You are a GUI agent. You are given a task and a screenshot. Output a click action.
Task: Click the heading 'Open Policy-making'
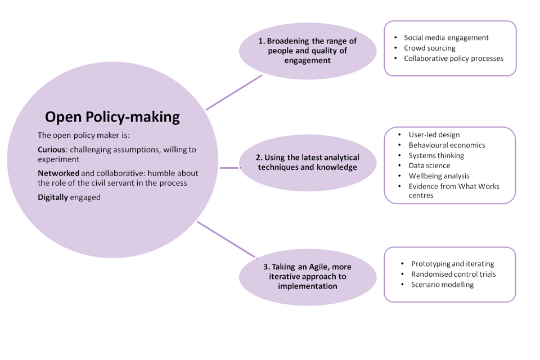pyautogui.click(x=112, y=117)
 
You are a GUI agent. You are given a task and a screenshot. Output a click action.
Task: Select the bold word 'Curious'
pyautogui.click(x=52, y=150)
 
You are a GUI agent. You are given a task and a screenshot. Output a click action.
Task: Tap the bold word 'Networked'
pyautogui.click(x=58, y=173)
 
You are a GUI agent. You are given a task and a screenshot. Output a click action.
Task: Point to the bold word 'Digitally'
pyautogui.click(x=53, y=197)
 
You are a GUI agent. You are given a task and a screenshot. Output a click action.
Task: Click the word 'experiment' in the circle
pyautogui.click(x=58, y=159)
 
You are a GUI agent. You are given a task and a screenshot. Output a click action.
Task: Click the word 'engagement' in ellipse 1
pyautogui.click(x=307, y=60)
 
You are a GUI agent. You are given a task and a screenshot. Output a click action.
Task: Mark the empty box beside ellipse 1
pyautogui.click(x=450, y=48)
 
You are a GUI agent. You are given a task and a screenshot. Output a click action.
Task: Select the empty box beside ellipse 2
pyautogui.click(x=450, y=165)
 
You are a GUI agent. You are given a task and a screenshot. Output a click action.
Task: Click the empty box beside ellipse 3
pyautogui.click(x=450, y=274)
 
